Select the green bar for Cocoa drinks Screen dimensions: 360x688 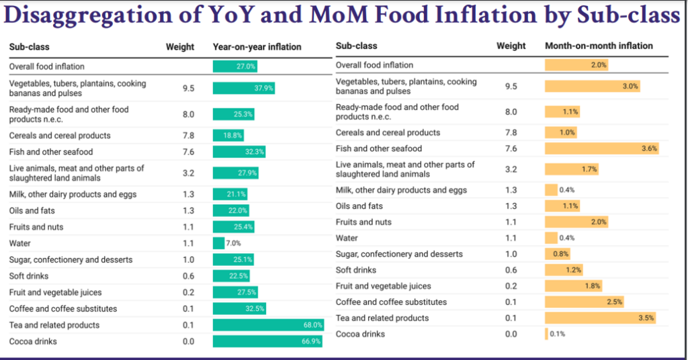click(x=267, y=341)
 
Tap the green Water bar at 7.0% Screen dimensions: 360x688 click(x=218, y=243)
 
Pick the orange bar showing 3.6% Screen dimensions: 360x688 click(x=601, y=148)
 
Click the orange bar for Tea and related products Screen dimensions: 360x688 click(x=599, y=318)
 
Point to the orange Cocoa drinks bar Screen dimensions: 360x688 click(x=546, y=334)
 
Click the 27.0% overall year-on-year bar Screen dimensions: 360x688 click(x=235, y=66)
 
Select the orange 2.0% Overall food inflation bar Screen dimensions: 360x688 click(x=576, y=65)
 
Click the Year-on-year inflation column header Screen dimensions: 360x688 click(x=257, y=47)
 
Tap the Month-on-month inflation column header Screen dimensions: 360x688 click(x=599, y=46)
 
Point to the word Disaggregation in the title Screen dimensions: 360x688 click(x=81, y=15)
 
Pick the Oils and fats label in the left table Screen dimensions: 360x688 click(x=32, y=211)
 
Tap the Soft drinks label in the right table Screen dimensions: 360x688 click(x=356, y=270)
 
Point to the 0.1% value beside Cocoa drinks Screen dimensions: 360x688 click(x=558, y=334)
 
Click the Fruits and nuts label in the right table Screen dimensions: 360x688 click(x=363, y=222)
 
